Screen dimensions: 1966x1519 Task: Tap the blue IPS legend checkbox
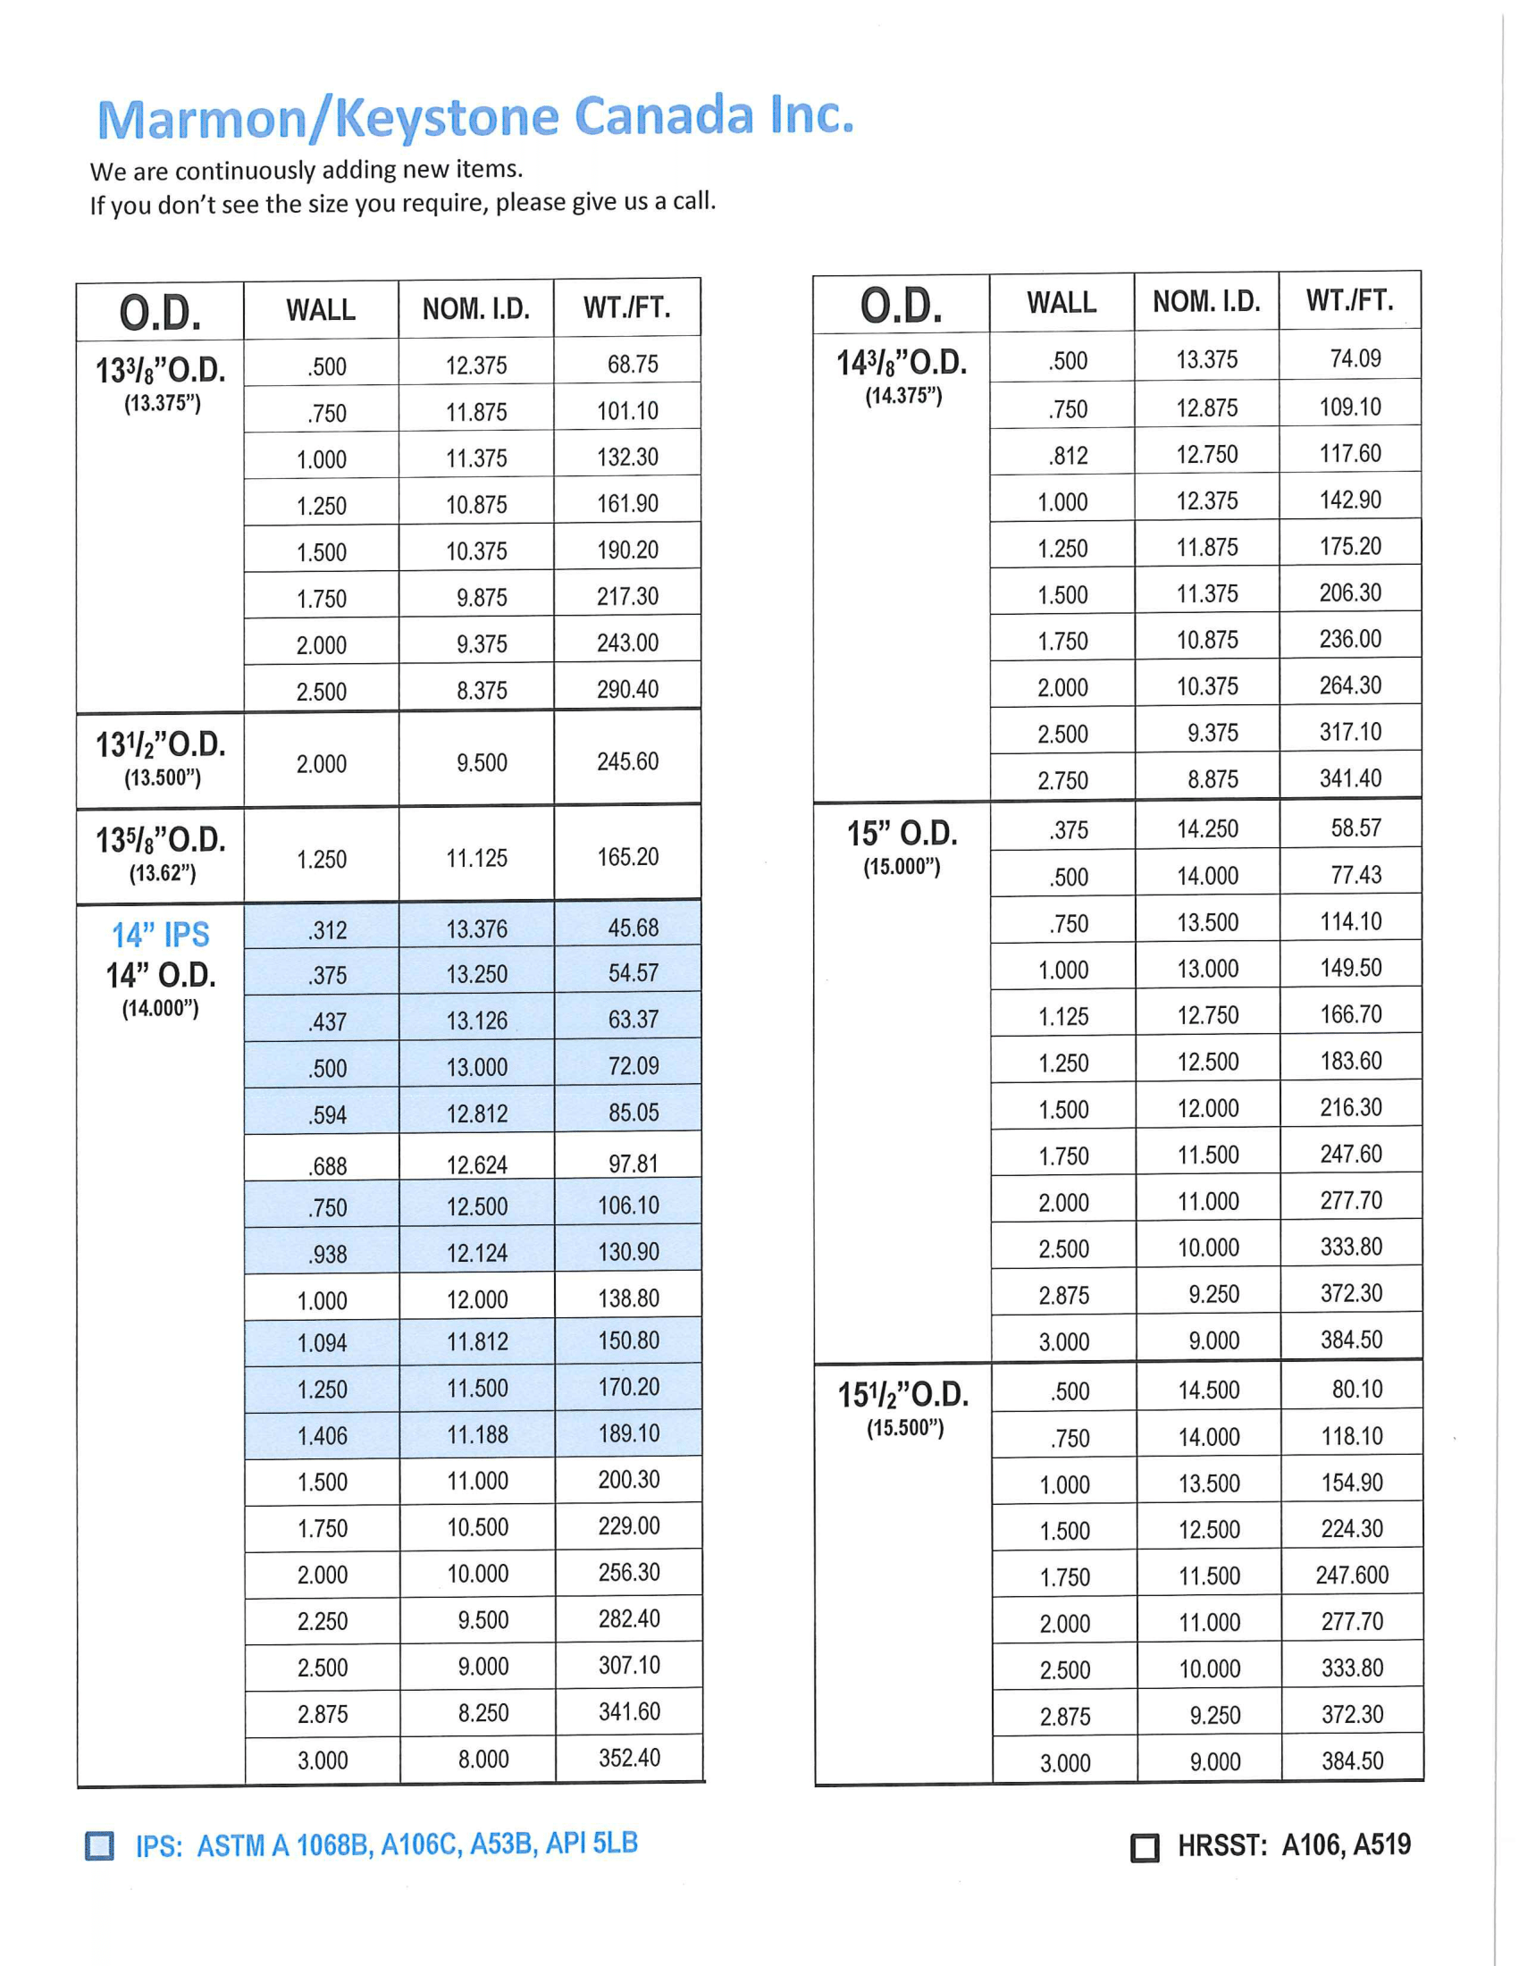100,1845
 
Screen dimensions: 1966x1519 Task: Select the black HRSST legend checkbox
1144,1848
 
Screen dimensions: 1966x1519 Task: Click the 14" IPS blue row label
160,935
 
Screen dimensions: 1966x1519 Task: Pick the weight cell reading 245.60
627,761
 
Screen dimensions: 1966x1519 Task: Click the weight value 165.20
627,857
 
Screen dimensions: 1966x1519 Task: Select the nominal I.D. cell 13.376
477,929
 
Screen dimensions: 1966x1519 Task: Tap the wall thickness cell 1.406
323,1436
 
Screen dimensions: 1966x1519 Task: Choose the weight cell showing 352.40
629,1758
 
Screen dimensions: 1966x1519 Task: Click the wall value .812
1067,456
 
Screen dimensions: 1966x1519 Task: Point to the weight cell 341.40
1350,777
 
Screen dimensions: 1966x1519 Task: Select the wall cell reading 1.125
1063,1016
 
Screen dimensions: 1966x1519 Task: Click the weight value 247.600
1352,1575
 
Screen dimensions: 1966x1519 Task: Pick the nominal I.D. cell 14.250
1208,828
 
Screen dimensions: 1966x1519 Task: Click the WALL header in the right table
1062,302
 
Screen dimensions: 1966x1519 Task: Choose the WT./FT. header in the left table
626,308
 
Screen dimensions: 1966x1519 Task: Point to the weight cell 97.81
633,1164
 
